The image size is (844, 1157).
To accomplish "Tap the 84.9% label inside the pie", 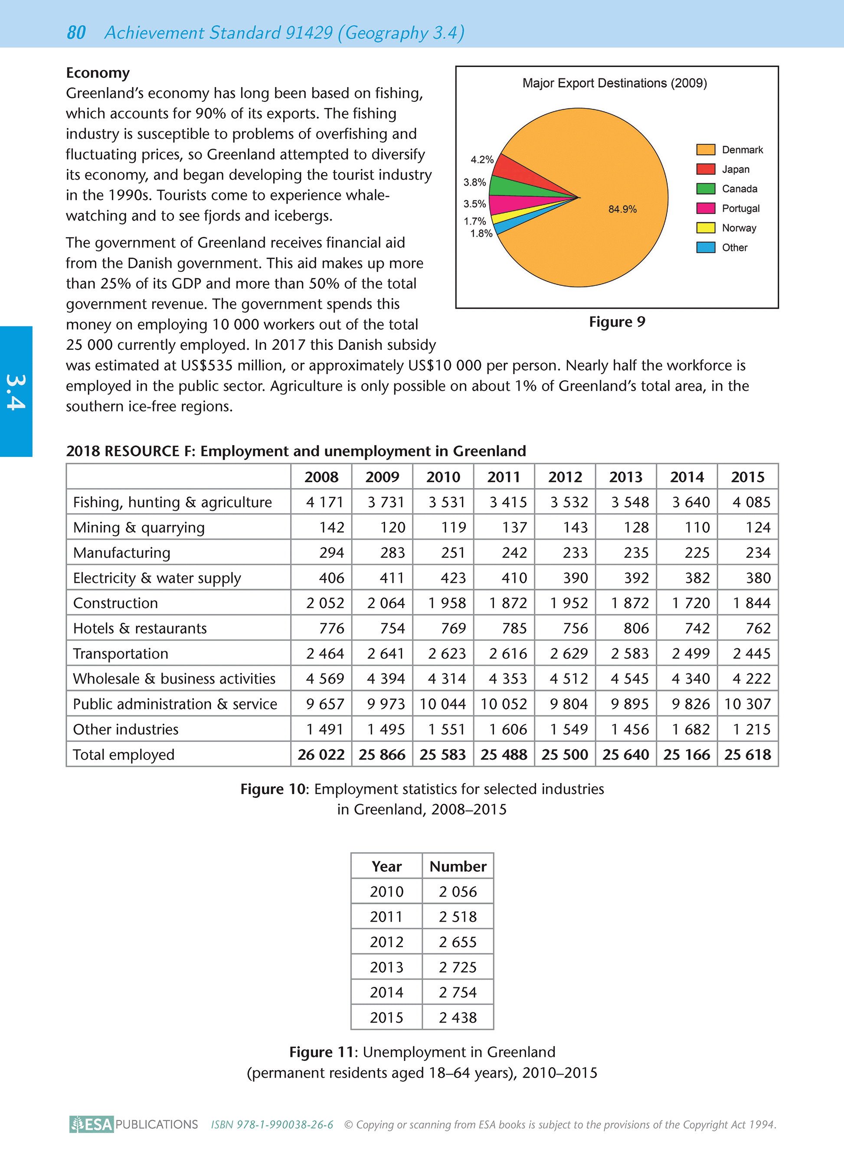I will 622,209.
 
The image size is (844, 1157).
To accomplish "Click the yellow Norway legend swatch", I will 706,228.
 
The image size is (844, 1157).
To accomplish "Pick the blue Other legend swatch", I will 706,247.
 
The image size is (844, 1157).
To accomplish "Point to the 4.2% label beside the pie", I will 482,160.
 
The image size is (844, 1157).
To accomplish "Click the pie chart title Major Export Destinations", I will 615,83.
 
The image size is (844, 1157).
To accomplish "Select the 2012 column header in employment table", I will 565,477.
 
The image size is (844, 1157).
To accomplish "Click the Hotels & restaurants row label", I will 140,628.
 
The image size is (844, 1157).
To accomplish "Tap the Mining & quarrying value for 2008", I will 331,528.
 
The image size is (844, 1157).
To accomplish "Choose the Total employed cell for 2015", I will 747,754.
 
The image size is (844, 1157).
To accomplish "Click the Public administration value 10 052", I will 504,704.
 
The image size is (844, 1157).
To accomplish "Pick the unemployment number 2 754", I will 458,992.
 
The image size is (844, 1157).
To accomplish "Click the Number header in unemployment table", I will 458,867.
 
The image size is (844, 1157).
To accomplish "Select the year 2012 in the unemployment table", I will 387,942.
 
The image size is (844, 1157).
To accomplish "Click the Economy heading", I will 98,73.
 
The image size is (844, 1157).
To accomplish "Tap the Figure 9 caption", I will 617,322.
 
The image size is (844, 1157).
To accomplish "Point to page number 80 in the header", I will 76,33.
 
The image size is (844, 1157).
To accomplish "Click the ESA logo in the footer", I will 92,1124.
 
